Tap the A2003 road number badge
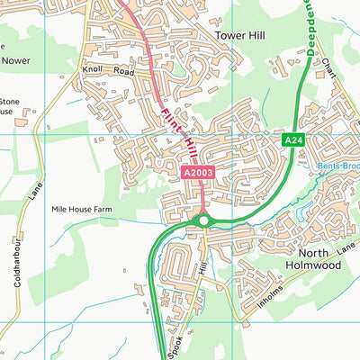click(x=198, y=172)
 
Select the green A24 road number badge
click(x=294, y=140)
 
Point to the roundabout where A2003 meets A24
click(x=204, y=220)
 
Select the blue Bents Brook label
click(x=338, y=166)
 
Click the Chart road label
click(x=330, y=78)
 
